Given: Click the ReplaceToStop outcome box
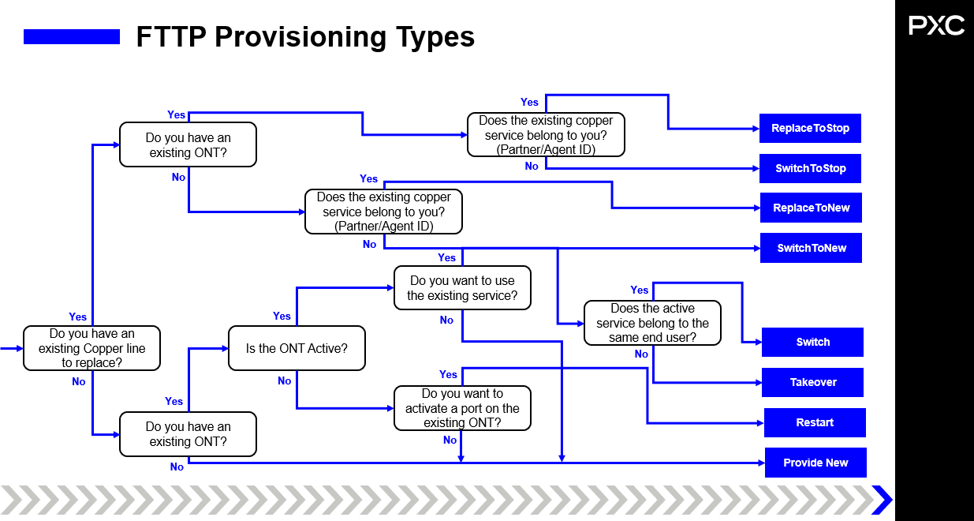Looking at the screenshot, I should [x=810, y=128].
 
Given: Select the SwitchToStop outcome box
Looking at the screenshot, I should [x=810, y=168].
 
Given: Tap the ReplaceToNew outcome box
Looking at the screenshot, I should [x=811, y=208].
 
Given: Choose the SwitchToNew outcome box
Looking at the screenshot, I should [x=811, y=248].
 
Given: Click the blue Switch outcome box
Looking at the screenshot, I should [x=812, y=342].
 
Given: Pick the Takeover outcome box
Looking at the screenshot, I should [x=812, y=382].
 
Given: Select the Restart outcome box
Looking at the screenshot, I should [x=815, y=422].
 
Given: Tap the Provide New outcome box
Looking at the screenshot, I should [x=815, y=463].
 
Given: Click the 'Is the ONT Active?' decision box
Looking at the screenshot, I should [x=297, y=348].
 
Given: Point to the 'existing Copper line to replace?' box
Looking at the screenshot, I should [x=91, y=348].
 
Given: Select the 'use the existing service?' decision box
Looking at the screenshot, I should [x=462, y=288].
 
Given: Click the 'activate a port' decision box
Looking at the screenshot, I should [x=462, y=408].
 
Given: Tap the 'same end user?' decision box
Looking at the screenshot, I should [x=652, y=323].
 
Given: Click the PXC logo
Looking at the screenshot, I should [x=936, y=26].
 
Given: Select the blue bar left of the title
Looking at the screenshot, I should [x=72, y=36].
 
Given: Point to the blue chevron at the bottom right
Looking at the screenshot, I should [x=881, y=500].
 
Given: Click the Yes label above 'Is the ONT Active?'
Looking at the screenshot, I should [x=282, y=316].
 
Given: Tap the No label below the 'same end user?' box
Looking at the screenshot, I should [x=641, y=354].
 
